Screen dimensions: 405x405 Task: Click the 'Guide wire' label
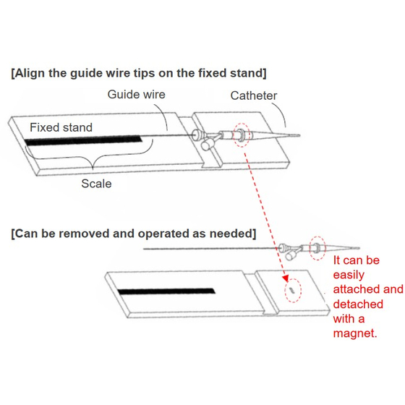136,94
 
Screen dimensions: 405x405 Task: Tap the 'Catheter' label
254,95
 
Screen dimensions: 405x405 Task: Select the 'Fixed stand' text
61,127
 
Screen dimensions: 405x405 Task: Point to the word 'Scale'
96,184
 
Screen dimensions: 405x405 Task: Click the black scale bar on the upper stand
83,140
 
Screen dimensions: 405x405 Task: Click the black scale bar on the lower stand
166,291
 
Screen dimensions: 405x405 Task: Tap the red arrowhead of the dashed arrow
286,278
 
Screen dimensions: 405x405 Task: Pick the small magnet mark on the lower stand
292,290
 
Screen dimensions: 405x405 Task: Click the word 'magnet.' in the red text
355,333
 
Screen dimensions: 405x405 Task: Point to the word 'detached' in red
358,304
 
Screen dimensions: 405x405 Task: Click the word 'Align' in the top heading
30,73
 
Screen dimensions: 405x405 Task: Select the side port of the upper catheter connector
207,145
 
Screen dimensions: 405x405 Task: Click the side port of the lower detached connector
291,255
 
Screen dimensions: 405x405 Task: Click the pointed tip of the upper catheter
299,135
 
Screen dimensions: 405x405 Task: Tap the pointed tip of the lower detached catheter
359,248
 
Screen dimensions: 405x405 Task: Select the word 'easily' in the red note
349,276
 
